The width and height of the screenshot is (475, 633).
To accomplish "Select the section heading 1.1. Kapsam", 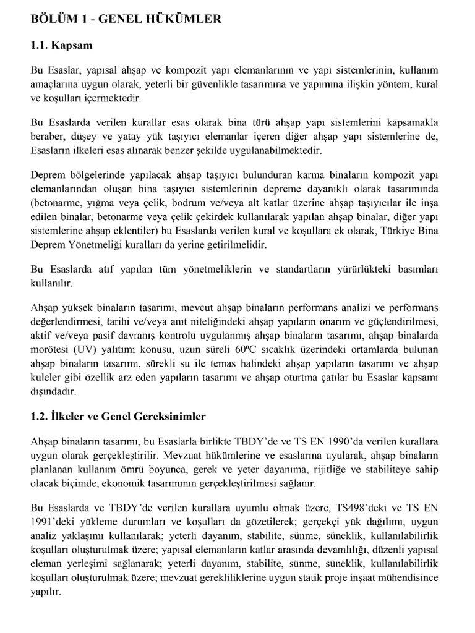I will [x=62, y=46].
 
